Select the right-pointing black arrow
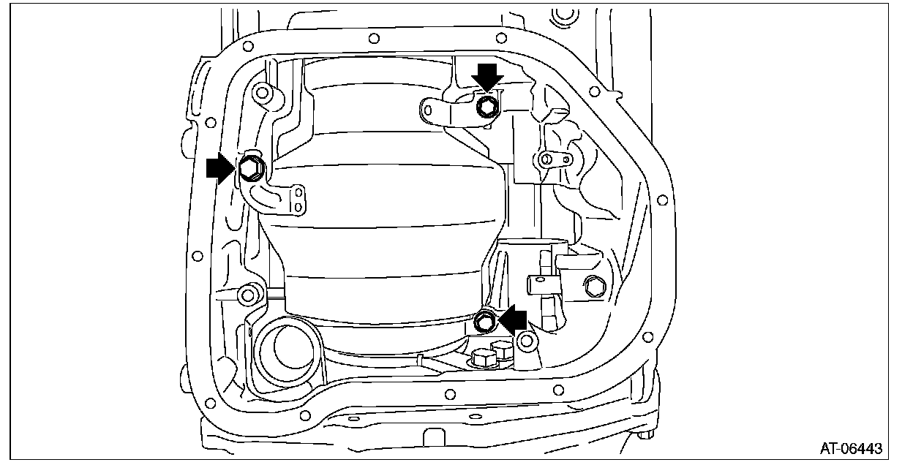(x=220, y=169)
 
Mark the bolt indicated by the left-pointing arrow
(x=484, y=320)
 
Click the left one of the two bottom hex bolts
(x=484, y=358)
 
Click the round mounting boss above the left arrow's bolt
(x=261, y=94)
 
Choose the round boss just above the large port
(x=249, y=295)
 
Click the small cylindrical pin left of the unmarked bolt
(x=535, y=279)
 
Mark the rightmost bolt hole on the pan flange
(x=662, y=199)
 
